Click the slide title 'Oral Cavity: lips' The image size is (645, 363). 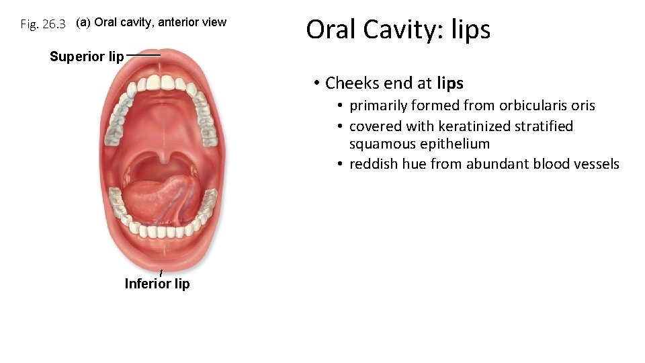click(x=398, y=30)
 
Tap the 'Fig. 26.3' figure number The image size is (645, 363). click(x=43, y=25)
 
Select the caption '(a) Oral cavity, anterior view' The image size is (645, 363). click(x=151, y=22)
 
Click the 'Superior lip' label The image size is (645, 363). click(x=87, y=56)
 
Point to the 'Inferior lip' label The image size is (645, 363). click(x=157, y=284)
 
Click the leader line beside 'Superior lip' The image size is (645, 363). click(x=143, y=54)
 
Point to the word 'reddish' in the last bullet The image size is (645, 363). click(x=374, y=164)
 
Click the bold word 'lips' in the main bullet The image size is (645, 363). click(x=449, y=83)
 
